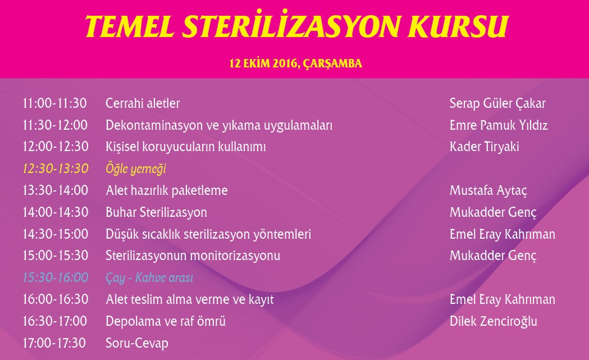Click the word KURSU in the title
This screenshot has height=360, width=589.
[x=458, y=27]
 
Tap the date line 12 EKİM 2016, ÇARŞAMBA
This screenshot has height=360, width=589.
[x=296, y=63]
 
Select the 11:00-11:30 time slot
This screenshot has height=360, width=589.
[x=55, y=103]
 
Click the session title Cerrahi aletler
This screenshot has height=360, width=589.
[x=143, y=103]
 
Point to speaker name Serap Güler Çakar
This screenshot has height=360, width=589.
[x=497, y=103]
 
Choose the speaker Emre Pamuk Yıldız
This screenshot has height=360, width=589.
[x=499, y=125]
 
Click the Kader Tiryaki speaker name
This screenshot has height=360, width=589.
[x=484, y=147]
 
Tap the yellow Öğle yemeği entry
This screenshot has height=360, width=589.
[x=136, y=168]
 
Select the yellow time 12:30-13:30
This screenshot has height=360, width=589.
[x=56, y=168]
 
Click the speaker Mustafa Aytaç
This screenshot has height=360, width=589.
[x=488, y=190]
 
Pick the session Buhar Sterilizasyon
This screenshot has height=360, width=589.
[x=156, y=212]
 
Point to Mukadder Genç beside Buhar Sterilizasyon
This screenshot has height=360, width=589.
[x=493, y=212]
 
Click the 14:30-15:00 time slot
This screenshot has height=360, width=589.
[x=55, y=234]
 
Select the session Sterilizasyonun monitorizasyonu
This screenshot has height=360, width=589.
[x=193, y=256]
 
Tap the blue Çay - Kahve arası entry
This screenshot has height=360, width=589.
[x=149, y=277]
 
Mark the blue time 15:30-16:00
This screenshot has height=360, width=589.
[x=56, y=277]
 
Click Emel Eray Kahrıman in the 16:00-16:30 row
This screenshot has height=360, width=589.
[x=502, y=299]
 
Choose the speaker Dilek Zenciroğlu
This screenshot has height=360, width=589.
[x=493, y=321]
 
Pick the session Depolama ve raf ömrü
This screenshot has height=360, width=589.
[x=166, y=321]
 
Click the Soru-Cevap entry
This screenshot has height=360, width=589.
[x=137, y=343]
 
